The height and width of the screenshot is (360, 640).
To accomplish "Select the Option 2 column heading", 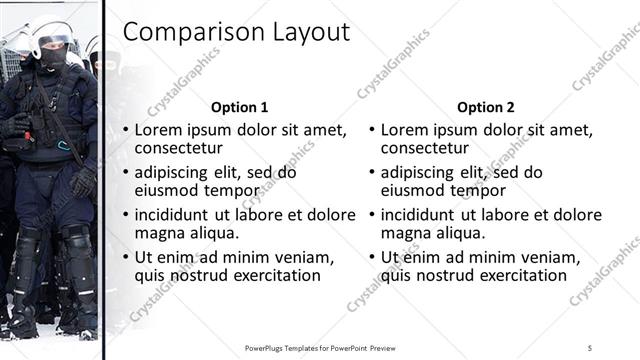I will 486,107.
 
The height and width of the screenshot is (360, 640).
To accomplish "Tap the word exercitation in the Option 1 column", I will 271,275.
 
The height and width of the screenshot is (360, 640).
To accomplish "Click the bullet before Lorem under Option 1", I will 125,131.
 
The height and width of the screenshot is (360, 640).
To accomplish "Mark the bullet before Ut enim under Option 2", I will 371,258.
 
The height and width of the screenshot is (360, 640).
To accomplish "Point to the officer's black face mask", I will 53,57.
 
